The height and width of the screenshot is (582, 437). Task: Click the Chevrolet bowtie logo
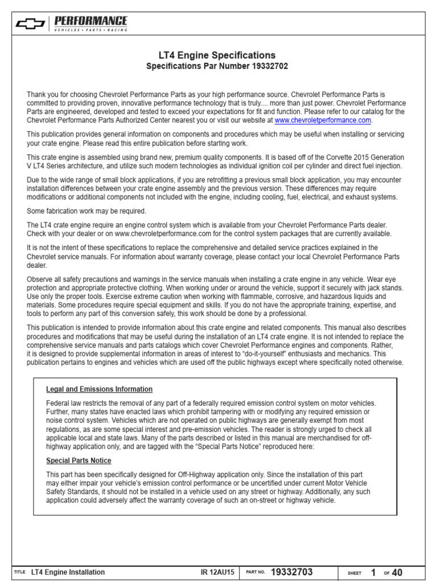(x=30, y=23)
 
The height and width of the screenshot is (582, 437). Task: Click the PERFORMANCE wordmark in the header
(x=91, y=20)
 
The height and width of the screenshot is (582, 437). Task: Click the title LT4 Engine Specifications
(x=217, y=55)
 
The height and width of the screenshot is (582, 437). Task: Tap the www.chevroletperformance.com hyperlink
(x=323, y=120)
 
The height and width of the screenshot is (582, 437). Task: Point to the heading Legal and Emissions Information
(x=99, y=389)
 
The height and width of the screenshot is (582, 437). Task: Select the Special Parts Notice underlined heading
(x=79, y=460)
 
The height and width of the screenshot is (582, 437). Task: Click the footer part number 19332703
(x=292, y=572)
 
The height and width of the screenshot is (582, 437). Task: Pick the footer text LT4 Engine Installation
(x=68, y=572)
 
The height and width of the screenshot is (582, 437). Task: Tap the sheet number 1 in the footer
(x=373, y=572)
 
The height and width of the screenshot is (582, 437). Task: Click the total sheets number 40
(x=397, y=572)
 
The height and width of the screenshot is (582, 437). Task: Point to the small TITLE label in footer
(x=19, y=572)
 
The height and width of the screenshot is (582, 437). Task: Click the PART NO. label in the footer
(x=255, y=573)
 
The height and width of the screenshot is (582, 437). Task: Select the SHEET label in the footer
(x=354, y=573)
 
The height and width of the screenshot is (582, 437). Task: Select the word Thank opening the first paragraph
(x=36, y=94)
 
